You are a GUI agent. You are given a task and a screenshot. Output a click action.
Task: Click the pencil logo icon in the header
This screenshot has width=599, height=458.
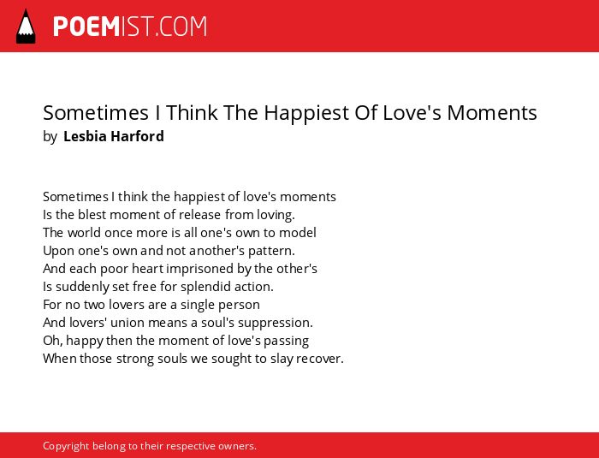(26, 27)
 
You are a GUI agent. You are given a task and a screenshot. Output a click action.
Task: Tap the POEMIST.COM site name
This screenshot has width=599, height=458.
(130, 27)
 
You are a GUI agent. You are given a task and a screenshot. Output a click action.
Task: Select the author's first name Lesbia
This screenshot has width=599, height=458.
(85, 136)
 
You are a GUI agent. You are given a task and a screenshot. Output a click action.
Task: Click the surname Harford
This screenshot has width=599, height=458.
(138, 136)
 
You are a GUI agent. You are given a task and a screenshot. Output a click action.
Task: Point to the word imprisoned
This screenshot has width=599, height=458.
(200, 269)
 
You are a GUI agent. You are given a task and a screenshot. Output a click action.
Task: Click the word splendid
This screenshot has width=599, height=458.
(205, 287)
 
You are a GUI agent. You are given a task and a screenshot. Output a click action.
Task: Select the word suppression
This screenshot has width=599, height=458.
(276, 323)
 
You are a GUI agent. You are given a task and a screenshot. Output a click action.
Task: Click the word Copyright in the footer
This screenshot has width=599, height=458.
(66, 446)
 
